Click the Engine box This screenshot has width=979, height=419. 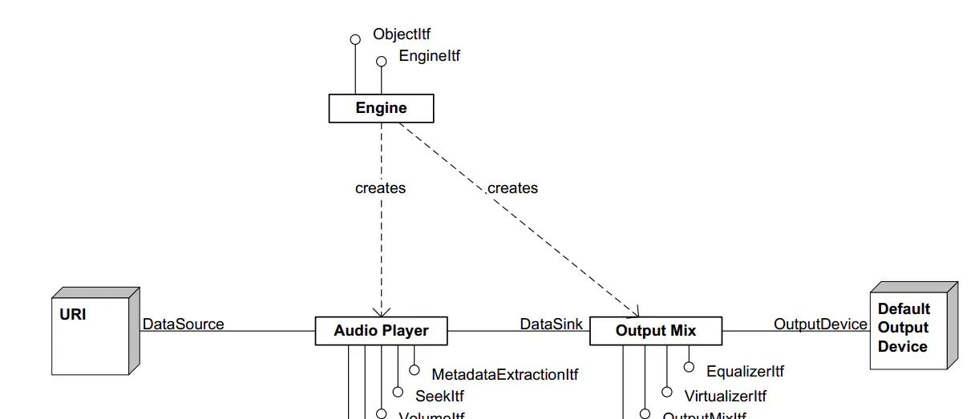381,108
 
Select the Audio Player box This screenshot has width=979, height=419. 381,331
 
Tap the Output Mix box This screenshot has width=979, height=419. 655,331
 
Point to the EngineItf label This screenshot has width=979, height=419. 429,57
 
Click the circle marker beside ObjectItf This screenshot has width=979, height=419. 355,39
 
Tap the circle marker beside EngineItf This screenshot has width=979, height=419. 382,61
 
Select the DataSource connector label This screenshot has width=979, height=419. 184,324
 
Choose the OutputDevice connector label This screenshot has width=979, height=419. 819,324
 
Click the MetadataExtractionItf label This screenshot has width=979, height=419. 504,374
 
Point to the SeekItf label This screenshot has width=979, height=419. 439,396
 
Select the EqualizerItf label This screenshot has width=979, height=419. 745,371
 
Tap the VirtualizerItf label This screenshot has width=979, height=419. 725,396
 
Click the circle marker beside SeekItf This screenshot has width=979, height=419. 398,393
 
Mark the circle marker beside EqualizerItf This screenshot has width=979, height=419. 689,367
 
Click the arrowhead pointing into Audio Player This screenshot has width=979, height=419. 382,311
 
